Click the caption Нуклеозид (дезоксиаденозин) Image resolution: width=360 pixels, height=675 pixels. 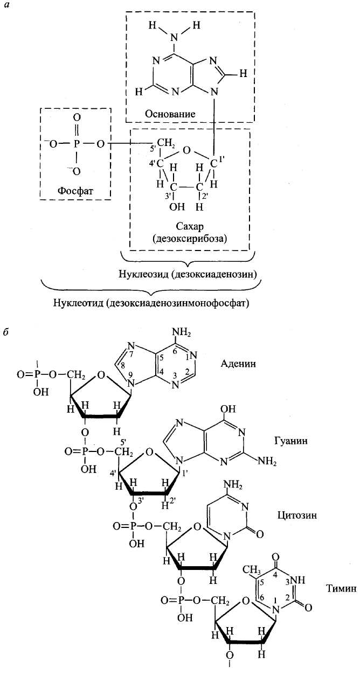(187, 274)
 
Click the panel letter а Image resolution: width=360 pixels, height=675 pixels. (6, 7)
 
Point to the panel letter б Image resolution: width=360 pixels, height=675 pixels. (6, 331)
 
